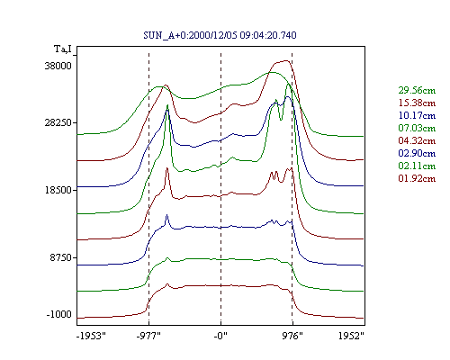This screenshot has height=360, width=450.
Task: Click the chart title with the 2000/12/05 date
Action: [x=220, y=35]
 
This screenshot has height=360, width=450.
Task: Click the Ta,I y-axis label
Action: [x=63, y=49]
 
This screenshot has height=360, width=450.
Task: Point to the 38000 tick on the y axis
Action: [x=58, y=66]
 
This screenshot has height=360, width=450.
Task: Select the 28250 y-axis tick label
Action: [x=58, y=122]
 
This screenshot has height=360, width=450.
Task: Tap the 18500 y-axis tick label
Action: [x=58, y=190]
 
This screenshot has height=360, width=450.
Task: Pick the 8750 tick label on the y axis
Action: [x=61, y=257]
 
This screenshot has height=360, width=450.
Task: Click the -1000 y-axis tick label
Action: [x=59, y=314]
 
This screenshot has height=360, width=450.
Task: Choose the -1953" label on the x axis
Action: [x=91, y=336]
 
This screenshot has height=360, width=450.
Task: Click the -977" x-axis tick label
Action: [x=148, y=336]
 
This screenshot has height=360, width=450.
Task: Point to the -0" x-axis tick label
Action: [x=220, y=336]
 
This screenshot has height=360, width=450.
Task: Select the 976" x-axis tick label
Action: [x=292, y=336]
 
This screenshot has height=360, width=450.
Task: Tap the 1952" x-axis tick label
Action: [x=351, y=336]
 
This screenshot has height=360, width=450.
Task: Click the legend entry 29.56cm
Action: [x=417, y=90]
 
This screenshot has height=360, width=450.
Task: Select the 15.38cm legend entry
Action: [x=417, y=103]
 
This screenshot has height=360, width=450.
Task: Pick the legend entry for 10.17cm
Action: [x=417, y=115]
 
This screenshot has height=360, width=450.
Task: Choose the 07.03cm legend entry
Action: [x=417, y=128]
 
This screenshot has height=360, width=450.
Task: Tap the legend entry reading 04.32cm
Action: [x=417, y=140]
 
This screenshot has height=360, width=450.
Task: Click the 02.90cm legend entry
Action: [x=417, y=153]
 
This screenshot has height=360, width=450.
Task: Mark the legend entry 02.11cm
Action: [x=417, y=166]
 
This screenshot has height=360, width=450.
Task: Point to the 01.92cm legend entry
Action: [x=417, y=178]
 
